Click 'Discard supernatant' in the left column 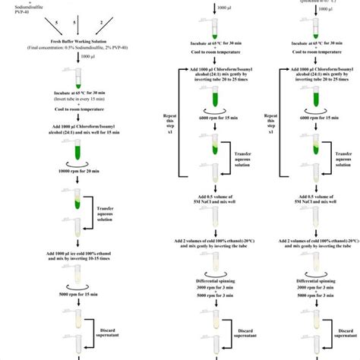click(112, 333)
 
